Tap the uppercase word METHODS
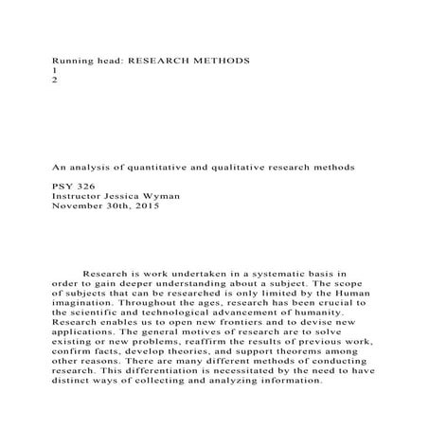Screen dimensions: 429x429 (222, 60)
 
